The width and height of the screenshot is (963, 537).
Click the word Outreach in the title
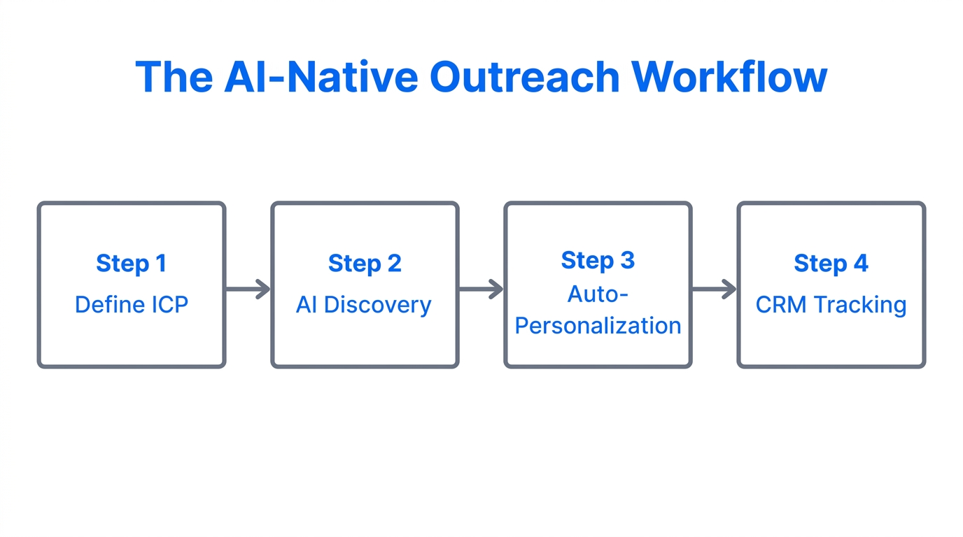[x=524, y=77]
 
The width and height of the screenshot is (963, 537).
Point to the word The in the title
[x=174, y=77]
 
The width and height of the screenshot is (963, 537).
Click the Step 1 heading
[x=131, y=264]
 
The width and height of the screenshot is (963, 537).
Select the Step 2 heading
[x=365, y=264]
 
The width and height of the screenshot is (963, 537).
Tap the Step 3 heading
[x=598, y=260]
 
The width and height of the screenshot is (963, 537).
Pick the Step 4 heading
[x=831, y=264]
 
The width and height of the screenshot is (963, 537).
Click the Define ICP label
[x=131, y=305]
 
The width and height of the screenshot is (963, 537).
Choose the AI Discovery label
[x=364, y=305]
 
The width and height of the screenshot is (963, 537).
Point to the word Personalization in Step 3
[x=598, y=326]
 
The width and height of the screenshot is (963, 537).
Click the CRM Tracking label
[x=831, y=305]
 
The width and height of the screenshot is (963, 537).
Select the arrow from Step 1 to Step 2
[x=248, y=289]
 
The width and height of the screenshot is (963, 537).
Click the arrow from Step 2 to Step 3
[x=481, y=289]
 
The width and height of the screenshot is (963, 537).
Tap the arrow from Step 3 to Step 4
[x=715, y=289]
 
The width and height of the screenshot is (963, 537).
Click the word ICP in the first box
[x=167, y=305]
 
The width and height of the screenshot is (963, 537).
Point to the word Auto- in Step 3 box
[x=598, y=294]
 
